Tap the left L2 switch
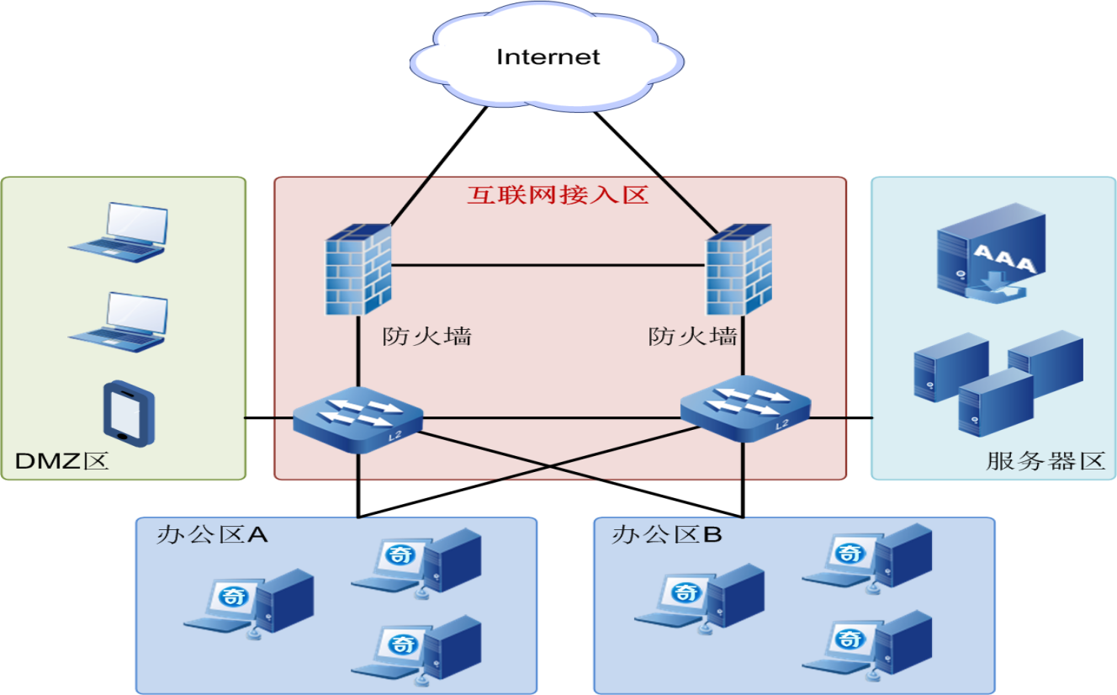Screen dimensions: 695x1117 [x=358, y=417]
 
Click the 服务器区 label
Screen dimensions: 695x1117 [x=1045, y=461]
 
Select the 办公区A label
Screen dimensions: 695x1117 [x=212, y=535]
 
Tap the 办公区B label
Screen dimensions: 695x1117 [x=667, y=535]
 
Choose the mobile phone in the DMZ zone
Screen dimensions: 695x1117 [x=129, y=412]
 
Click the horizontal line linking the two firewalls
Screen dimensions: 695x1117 [x=547, y=265]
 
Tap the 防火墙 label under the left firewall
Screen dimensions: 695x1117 [x=426, y=337]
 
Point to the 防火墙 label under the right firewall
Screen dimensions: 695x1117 [x=693, y=337]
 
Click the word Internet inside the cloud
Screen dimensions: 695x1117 [x=548, y=57]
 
